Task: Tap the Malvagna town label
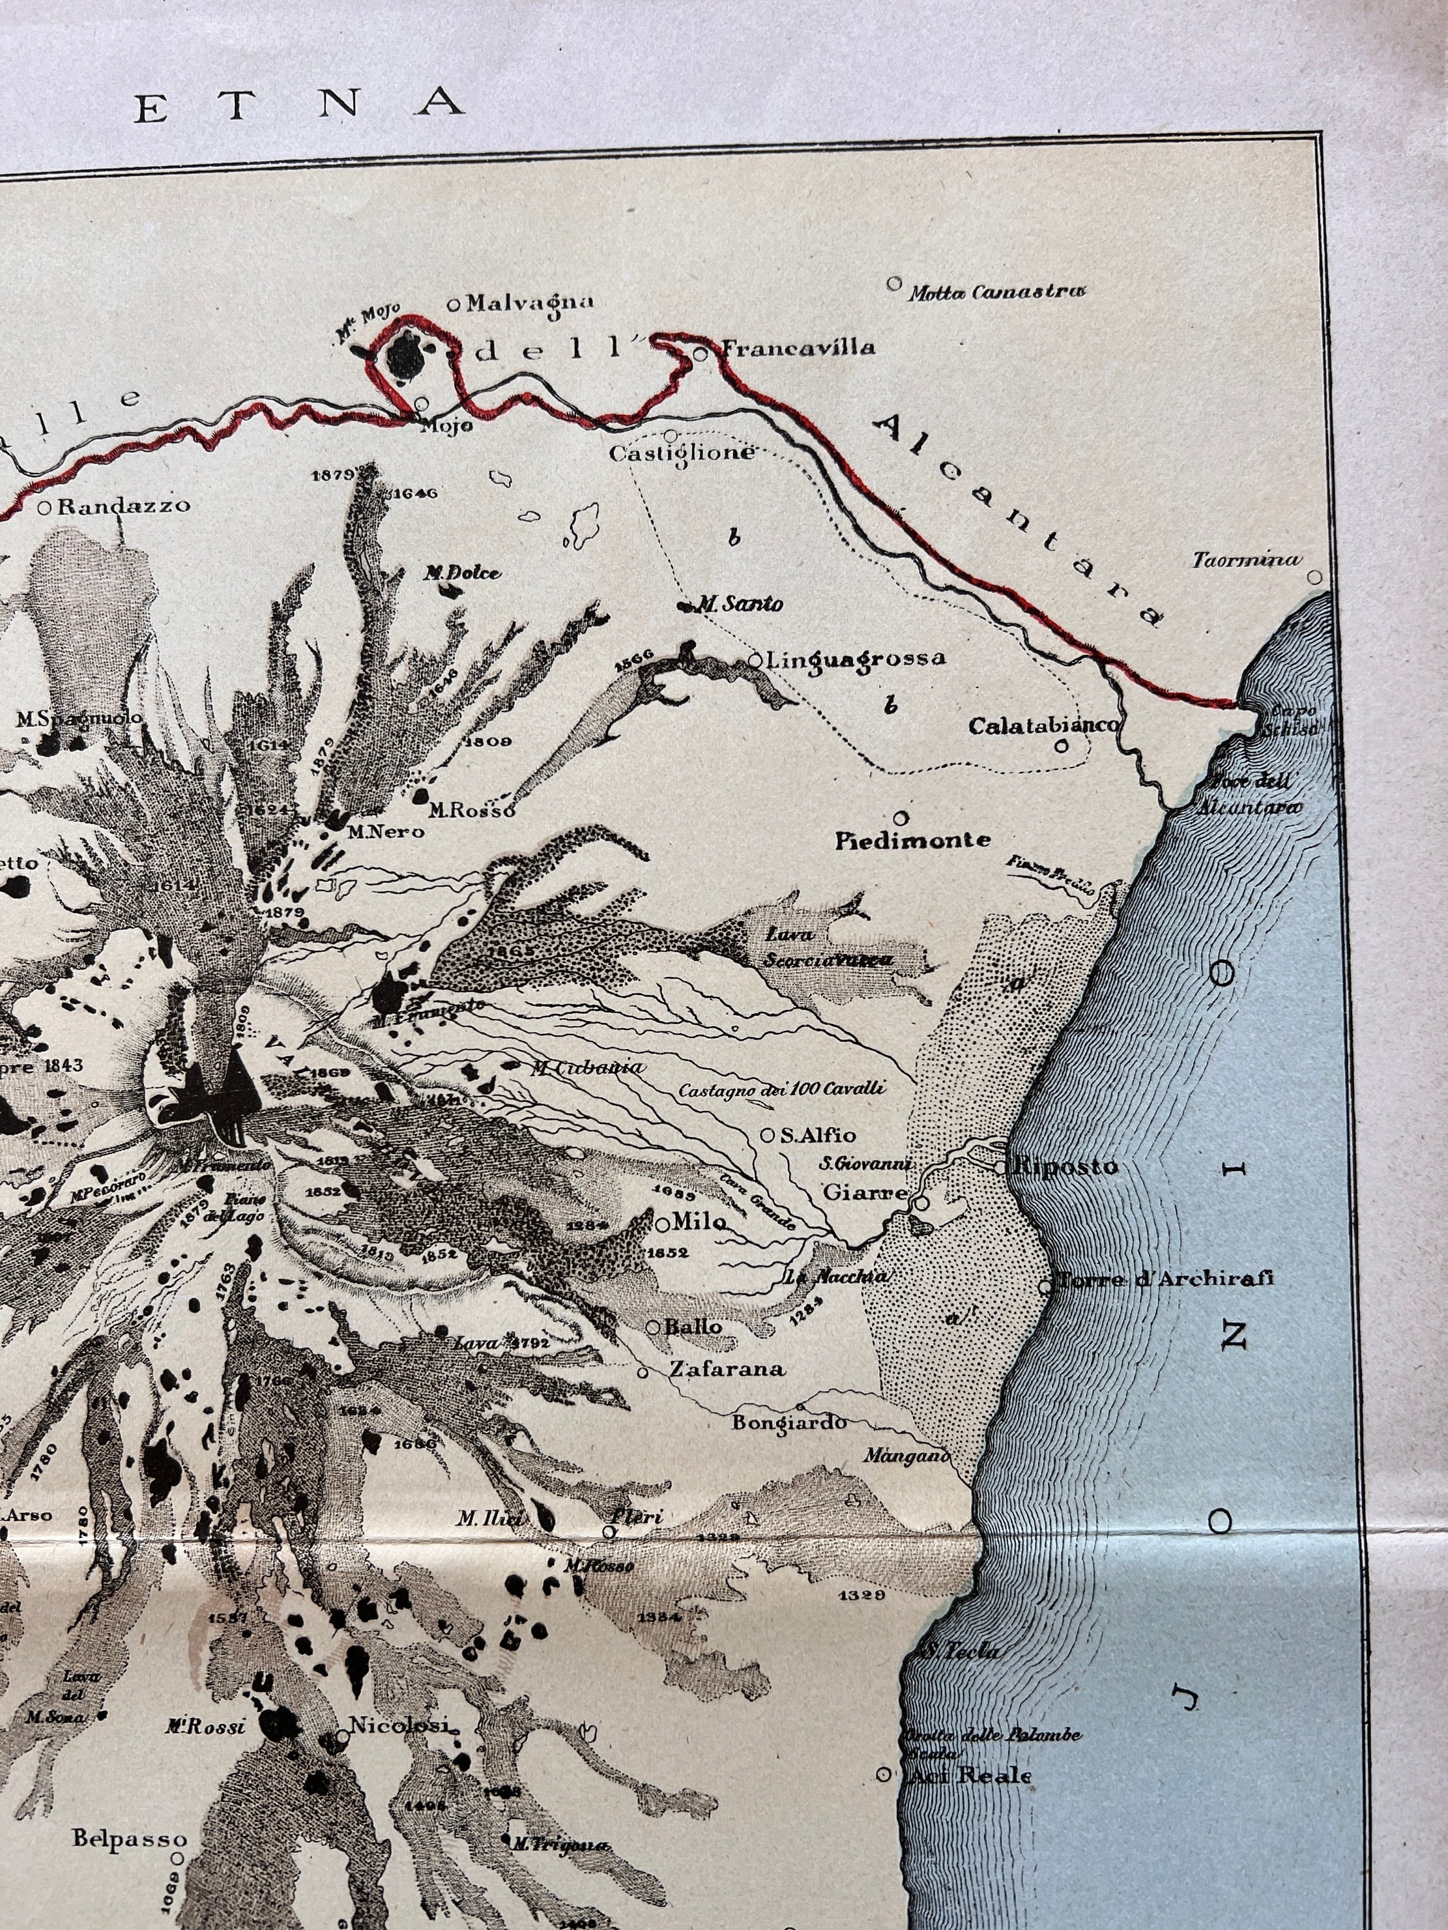point(529,304)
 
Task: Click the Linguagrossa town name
point(855,659)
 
